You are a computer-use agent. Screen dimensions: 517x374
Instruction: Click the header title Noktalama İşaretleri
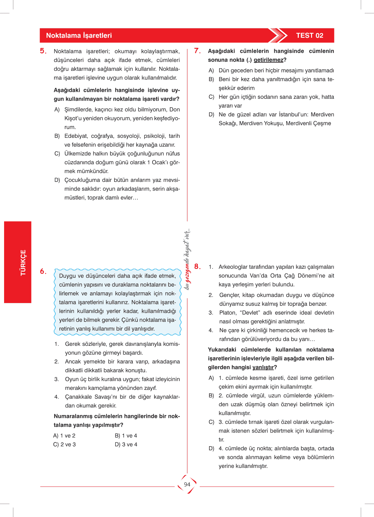click(79, 36)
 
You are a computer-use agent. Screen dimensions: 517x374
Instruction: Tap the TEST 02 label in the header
click(310, 36)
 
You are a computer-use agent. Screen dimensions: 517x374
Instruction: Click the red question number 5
click(43, 51)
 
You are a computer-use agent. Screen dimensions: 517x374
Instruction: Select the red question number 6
click(43, 272)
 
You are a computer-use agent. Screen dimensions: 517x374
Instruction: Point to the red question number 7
click(197, 51)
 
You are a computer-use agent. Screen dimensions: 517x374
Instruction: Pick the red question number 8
click(197, 267)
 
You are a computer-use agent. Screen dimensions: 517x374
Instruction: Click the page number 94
click(187, 484)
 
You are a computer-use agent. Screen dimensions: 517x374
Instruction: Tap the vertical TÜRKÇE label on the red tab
click(23, 263)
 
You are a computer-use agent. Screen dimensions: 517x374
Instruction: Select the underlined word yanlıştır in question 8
click(263, 367)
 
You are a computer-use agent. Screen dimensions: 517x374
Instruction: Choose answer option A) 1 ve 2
click(64, 436)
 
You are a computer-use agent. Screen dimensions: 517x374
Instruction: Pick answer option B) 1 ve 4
click(126, 436)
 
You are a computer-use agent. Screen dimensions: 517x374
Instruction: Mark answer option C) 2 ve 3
click(64, 444)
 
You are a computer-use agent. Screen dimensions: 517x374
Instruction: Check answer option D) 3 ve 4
click(126, 444)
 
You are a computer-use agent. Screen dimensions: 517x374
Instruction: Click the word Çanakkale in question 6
click(78, 397)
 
